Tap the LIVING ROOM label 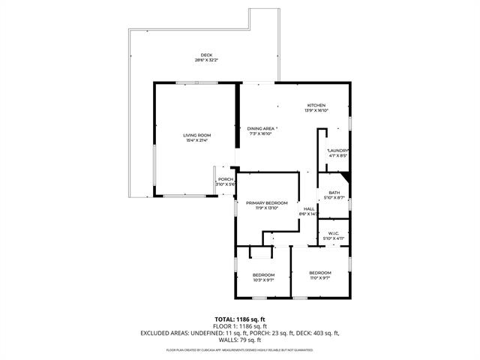195,135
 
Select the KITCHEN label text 316,105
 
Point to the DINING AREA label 262,128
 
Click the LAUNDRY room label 338,151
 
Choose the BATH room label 334,193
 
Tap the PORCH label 225,179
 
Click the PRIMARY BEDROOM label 267,203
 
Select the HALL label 308,209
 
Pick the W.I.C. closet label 334,234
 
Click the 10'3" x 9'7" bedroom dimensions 263,280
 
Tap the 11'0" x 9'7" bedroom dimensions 320,277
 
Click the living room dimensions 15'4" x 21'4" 195,140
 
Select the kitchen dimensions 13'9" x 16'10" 316,110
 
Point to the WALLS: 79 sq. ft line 239,340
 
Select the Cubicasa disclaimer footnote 239,349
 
